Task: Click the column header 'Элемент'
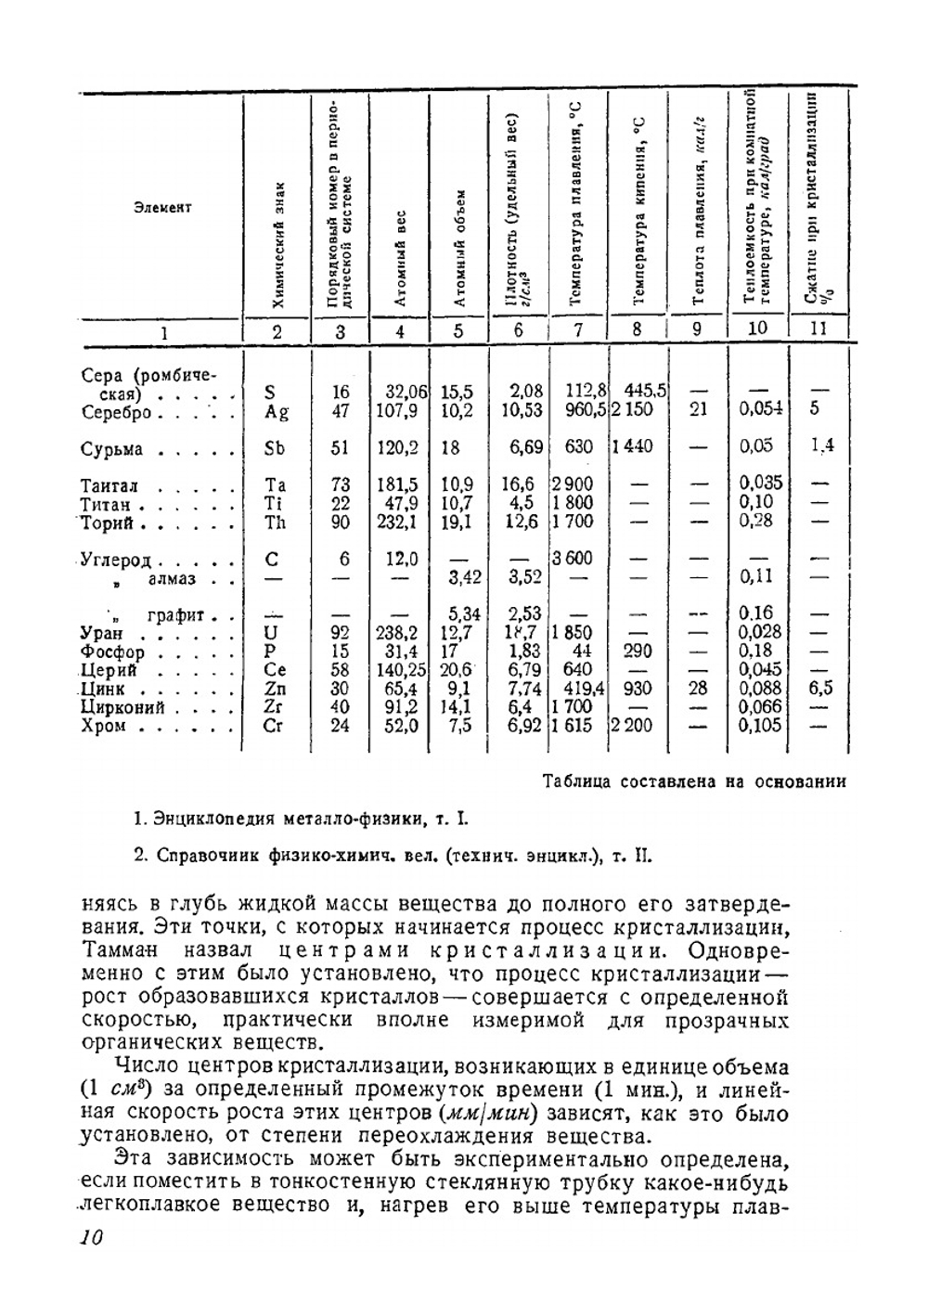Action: (162, 207)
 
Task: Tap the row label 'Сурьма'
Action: (112, 450)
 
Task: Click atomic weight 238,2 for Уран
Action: (397, 633)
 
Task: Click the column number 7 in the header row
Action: (578, 329)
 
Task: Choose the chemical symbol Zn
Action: (275, 690)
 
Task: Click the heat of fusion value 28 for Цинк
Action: (698, 688)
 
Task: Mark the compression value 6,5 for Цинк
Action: (818, 688)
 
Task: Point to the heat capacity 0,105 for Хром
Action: (761, 726)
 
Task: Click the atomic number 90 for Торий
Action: (341, 523)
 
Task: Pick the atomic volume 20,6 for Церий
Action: (457, 670)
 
